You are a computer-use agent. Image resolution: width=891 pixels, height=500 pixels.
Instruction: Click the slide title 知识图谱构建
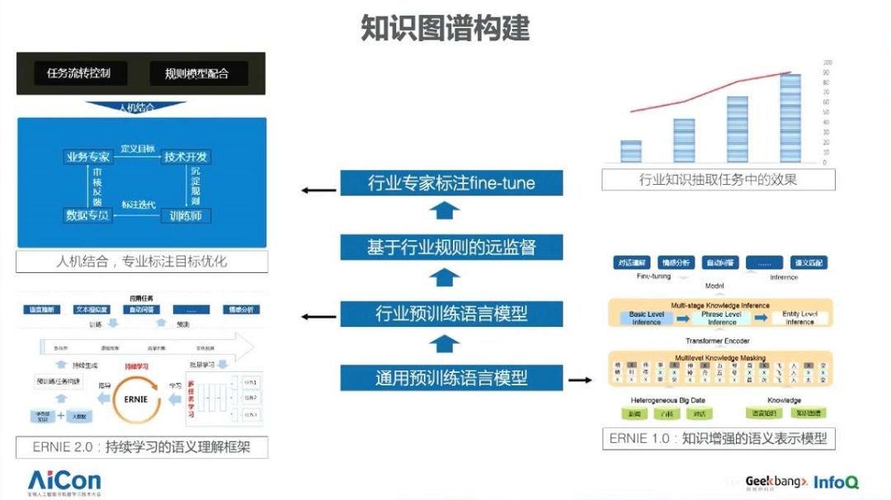tap(445, 28)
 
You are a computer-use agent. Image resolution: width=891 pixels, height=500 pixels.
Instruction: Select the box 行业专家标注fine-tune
tap(451, 182)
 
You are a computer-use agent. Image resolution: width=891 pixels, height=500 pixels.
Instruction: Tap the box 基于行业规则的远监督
tap(451, 247)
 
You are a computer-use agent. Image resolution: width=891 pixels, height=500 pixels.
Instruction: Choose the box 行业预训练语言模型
tap(451, 314)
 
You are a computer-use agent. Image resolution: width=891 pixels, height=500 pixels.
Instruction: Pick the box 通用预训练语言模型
tap(451, 378)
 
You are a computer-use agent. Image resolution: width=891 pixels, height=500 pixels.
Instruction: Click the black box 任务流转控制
tap(79, 73)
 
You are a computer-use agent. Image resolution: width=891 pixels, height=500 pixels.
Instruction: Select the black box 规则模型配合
tap(196, 73)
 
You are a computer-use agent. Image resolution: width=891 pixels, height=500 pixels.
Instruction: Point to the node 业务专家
tap(87, 157)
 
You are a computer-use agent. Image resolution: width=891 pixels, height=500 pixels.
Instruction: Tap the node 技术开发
tap(186, 157)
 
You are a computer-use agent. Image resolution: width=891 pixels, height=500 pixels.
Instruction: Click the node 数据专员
tap(87, 215)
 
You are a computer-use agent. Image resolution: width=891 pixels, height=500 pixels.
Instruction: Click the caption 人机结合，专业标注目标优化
tap(141, 262)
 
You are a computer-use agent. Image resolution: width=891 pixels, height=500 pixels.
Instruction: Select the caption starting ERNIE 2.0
tap(141, 447)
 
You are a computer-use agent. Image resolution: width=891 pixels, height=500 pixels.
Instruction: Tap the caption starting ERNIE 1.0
tap(718, 438)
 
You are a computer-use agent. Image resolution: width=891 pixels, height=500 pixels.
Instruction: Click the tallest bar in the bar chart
tap(790, 117)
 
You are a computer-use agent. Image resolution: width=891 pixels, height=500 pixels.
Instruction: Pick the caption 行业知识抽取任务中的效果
tap(718, 179)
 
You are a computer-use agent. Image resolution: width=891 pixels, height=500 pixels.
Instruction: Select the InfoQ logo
tap(836, 482)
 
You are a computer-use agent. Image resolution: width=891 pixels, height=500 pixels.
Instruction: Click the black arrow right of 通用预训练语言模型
tap(581, 380)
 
